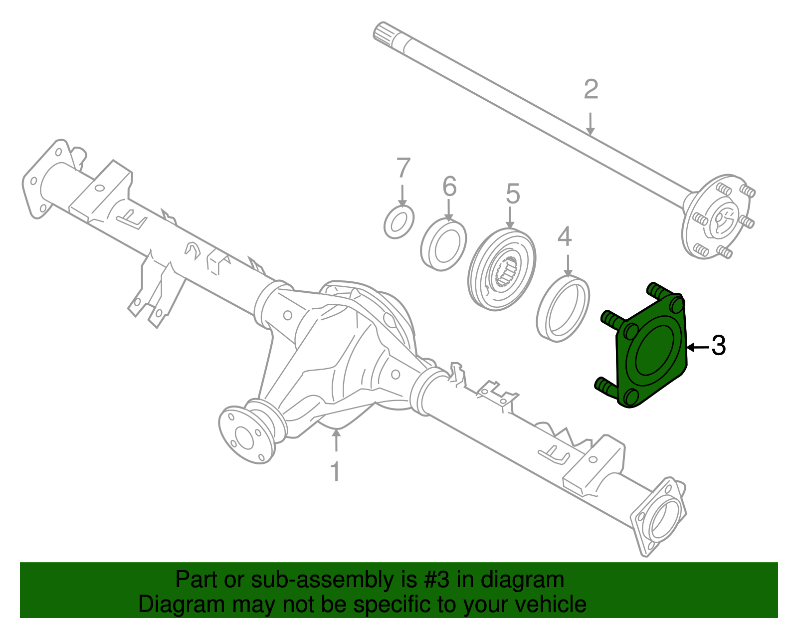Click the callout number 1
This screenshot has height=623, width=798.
(x=336, y=471)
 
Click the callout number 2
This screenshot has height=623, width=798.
(x=591, y=90)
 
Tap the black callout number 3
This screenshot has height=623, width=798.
(x=718, y=346)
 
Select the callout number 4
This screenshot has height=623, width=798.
(x=565, y=237)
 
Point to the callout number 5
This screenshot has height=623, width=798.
(x=513, y=194)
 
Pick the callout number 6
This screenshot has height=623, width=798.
(x=449, y=187)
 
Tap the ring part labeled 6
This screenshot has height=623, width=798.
(x=443, y=244)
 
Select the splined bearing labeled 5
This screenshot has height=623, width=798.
(x=502, y=270)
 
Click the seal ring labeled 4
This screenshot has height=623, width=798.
(x=563, y=309)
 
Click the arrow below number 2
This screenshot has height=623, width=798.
(x=591, y=124)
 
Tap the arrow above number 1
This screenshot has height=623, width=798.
(x=337, y=441)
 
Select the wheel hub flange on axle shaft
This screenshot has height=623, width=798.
(x=716, y=217)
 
